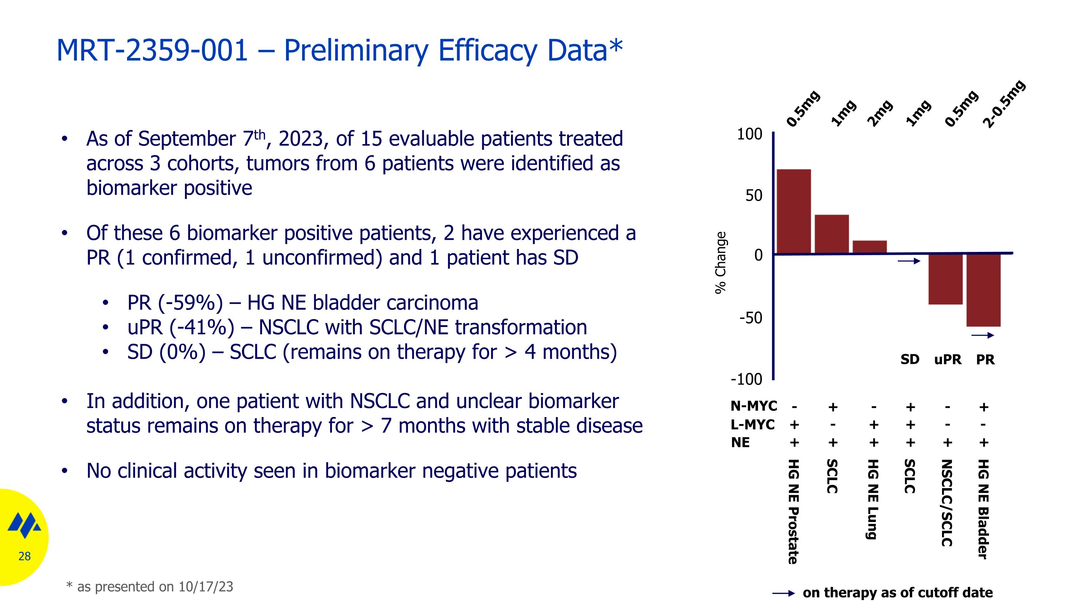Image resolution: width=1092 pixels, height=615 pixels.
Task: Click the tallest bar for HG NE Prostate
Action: click(794, 211)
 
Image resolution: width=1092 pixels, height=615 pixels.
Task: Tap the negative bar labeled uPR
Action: click(945, 279)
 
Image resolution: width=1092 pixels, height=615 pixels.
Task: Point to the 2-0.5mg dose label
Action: click(1004, 104)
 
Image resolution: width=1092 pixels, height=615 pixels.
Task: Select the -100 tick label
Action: click(746, 379)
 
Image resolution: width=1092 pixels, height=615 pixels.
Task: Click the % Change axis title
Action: click(721, 262)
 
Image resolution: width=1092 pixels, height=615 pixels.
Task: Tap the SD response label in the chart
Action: click(910, 359)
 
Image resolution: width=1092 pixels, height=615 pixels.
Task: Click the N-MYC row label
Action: click(753, 406)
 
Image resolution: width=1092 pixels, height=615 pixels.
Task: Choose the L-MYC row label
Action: click(752, 424)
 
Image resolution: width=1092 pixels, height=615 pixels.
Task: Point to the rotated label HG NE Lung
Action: click(872, 499)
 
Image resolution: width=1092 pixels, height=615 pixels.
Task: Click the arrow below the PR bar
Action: click(983, 335)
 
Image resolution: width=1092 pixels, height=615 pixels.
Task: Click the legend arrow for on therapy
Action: click(783, 593)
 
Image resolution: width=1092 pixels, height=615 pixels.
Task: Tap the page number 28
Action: click(25, 556)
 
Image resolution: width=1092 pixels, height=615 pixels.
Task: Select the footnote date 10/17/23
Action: click(206, 587)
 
